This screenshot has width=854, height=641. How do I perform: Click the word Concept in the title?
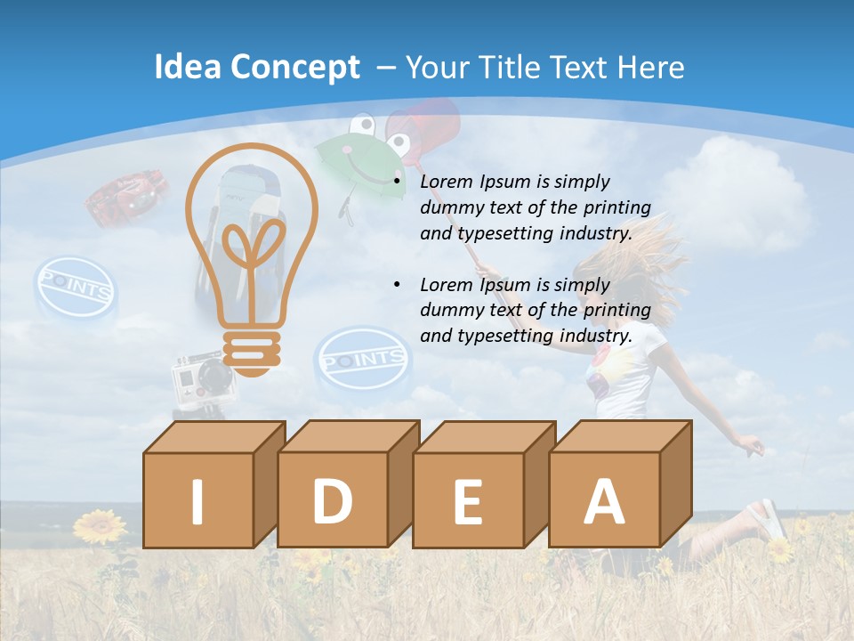coord(295,68)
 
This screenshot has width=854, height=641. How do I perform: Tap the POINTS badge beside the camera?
coord(362,360)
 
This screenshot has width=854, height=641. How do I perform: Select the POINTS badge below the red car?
coord(75,288)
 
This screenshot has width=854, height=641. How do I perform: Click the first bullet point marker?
coord(397,183)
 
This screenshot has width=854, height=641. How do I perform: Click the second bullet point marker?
coord(397,286)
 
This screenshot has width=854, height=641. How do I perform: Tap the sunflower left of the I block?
coord(101,527)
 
